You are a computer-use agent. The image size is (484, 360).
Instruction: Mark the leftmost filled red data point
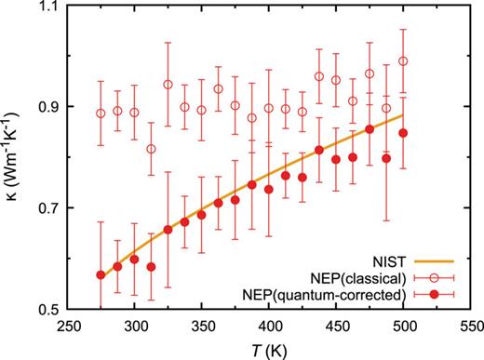101,274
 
